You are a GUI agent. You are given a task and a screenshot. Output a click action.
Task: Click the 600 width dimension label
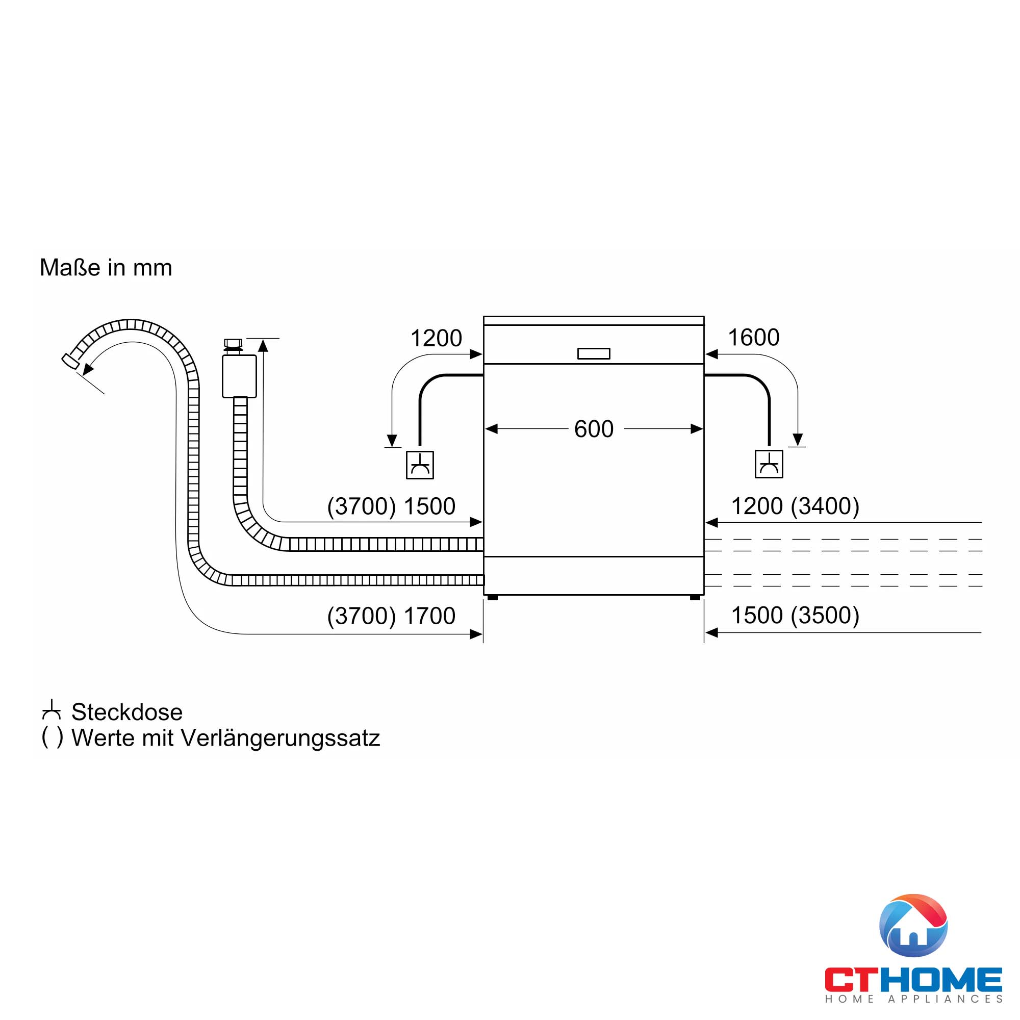point(594,429)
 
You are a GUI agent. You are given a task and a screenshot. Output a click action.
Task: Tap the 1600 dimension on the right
point(753,337)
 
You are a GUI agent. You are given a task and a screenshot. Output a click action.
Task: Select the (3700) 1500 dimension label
point(391,506)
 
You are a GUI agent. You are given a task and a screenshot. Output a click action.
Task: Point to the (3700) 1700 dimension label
point(391,616)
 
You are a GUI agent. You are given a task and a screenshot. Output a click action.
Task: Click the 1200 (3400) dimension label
point(795,506)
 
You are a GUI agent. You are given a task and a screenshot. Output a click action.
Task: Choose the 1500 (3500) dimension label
point(795,616)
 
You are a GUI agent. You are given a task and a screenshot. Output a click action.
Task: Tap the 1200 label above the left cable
point(436,338)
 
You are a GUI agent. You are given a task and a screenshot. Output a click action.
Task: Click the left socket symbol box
point(420,465)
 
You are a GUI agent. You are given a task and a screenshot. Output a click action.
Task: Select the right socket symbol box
point(769,465)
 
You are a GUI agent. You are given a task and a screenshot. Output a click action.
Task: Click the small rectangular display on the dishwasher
point(594,354)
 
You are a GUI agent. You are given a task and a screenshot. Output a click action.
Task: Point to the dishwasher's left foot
point(493,598)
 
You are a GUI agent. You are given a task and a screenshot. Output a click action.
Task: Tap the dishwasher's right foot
point(695,598)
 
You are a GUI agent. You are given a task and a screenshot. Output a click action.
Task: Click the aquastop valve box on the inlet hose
point(239,376)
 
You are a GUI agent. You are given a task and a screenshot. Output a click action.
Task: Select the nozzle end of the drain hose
point(69,362)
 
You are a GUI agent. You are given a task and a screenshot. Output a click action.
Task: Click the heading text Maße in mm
point(106,268)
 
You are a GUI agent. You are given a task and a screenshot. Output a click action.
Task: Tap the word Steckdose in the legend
point(127,712)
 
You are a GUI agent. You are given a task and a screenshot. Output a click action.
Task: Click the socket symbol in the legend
point(51,710)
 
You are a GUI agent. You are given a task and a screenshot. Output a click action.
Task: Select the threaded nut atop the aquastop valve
point(233,344)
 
